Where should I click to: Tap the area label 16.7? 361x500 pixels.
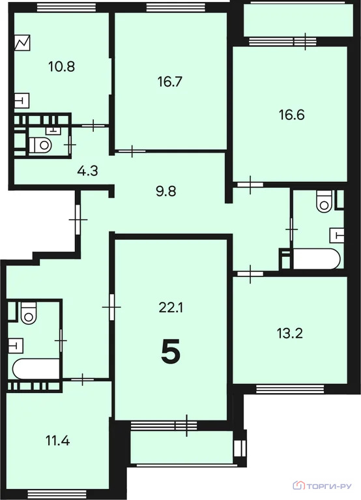coord(168,82)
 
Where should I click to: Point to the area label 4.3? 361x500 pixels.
coord(87,172)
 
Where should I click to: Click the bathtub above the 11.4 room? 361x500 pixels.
coord(36,369)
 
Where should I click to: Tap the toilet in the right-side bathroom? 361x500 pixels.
coord(324,203)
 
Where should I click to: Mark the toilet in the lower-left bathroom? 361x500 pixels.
coord(28,315)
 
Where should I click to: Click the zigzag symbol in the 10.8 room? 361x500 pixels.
coord(22,44)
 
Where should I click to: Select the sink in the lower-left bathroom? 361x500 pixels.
coord(18,344)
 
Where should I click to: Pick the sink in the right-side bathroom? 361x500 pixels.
coord(336,233)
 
